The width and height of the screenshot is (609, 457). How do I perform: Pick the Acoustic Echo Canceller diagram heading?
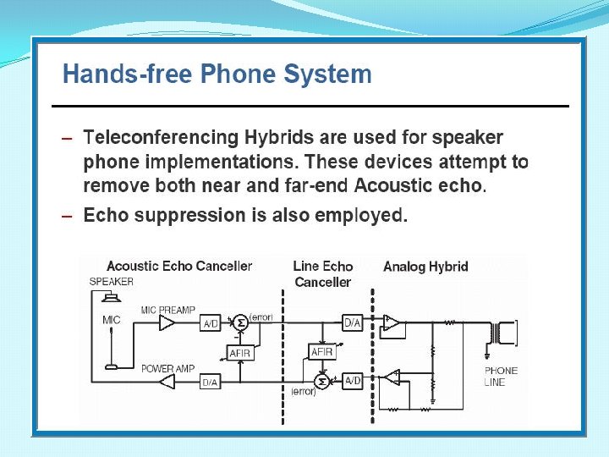coord(179,266)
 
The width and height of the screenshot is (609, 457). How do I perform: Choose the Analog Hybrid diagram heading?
coord(425,267)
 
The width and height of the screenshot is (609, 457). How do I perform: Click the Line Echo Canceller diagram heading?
coord(322,273)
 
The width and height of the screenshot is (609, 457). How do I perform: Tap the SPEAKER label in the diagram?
coord(111,282)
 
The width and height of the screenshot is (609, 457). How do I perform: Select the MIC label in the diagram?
coord(112,320)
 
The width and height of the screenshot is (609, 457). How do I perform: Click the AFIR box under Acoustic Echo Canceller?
coord(240,353)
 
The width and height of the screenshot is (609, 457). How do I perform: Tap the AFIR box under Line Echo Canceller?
coord(321,351)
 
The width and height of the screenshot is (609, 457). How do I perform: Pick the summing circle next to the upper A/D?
coord(240,322)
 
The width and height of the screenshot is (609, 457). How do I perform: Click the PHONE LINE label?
coord(501,377)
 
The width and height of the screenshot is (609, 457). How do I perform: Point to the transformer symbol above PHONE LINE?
coord(507,333)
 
